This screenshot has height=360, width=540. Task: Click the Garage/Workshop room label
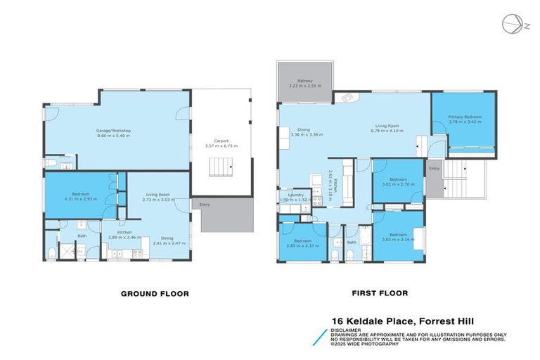[x=113, y=131]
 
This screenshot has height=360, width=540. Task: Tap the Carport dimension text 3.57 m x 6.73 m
[x=221, y=146]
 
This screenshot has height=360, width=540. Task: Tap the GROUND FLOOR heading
[x=155, y=293]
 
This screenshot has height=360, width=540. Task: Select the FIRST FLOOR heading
[x=379, y=293]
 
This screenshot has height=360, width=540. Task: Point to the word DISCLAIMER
[x=347, y=328]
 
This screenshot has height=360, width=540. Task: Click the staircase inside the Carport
[x=221, y=167]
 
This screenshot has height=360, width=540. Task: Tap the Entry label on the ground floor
[x=205, y=205]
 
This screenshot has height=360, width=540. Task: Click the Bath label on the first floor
[x=351, y=243]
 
